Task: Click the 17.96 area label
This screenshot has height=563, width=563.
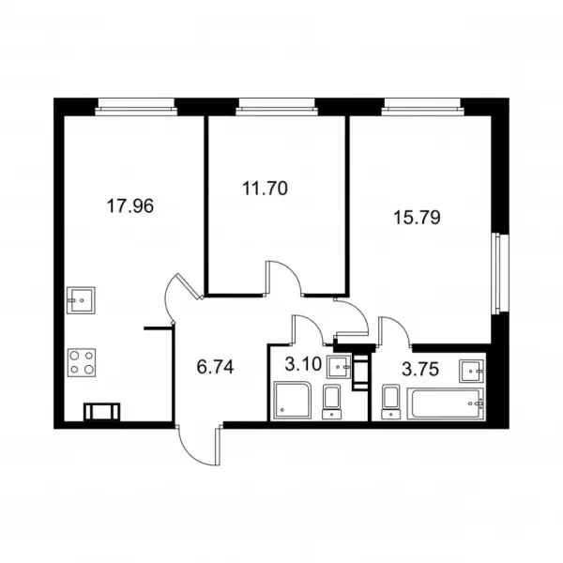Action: pos(130,206)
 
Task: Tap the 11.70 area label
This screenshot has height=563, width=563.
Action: pos(265,189)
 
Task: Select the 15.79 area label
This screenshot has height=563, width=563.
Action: pos(417,218)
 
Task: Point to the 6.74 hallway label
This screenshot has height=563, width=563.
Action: pos(216,367)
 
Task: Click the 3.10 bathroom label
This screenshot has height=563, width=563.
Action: pos(303,364)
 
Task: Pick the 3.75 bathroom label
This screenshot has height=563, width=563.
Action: pos(420,369)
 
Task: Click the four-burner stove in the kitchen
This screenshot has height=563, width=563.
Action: pos(82,362)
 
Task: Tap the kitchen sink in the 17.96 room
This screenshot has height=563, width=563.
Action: pos(81,300)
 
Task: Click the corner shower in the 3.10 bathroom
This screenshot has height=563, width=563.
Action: pos(293,400)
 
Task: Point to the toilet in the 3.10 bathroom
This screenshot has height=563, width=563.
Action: pos(331,402)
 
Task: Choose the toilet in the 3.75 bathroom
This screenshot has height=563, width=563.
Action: pos(391,402)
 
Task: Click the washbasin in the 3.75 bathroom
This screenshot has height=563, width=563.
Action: pos(471,371)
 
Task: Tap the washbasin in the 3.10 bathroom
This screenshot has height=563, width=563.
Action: pos(339,367)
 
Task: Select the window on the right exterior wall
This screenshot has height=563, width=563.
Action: pos(500,274)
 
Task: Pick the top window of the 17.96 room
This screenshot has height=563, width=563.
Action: pos(136,107)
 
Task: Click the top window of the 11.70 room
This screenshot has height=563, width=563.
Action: pos(277,107)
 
